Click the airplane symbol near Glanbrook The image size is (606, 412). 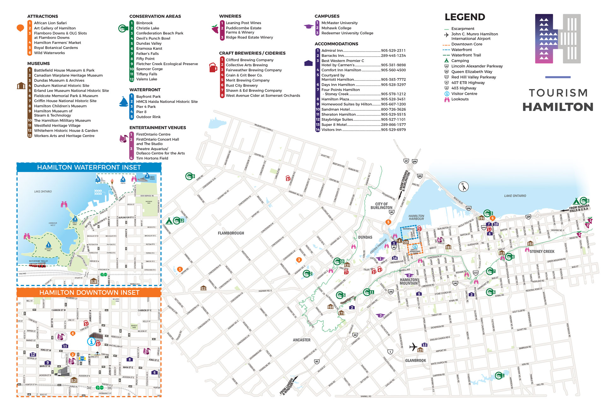tap(413, 347)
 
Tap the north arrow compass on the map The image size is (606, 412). tap(463, 187)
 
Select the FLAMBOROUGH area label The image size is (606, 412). tap(231, 233)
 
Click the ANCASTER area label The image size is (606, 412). tap(301, 340)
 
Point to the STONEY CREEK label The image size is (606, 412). tap(542, 252)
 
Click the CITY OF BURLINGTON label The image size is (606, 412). tap(381, 206)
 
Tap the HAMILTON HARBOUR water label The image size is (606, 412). tap(416, 217)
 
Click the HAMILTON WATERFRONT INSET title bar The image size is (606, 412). tap(89, 167)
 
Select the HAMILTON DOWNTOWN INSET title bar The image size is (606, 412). tap(89, 292)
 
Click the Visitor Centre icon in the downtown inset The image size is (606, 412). tap(91, 341)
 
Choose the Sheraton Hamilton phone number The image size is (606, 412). tap(393, 115)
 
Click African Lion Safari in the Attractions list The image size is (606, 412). tap(50, 23)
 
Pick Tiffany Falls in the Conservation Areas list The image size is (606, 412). tap(146, 74)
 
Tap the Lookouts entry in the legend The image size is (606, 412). tap(460, 99)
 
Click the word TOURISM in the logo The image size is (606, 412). tap(558, 93)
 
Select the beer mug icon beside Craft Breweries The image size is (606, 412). tap(213, 68)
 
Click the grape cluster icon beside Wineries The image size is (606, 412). tap(215, 29)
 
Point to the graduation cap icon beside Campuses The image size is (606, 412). tap(308, 27)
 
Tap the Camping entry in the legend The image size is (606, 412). tap(460, 61)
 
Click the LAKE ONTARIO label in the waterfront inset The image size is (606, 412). tap(43, 192)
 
